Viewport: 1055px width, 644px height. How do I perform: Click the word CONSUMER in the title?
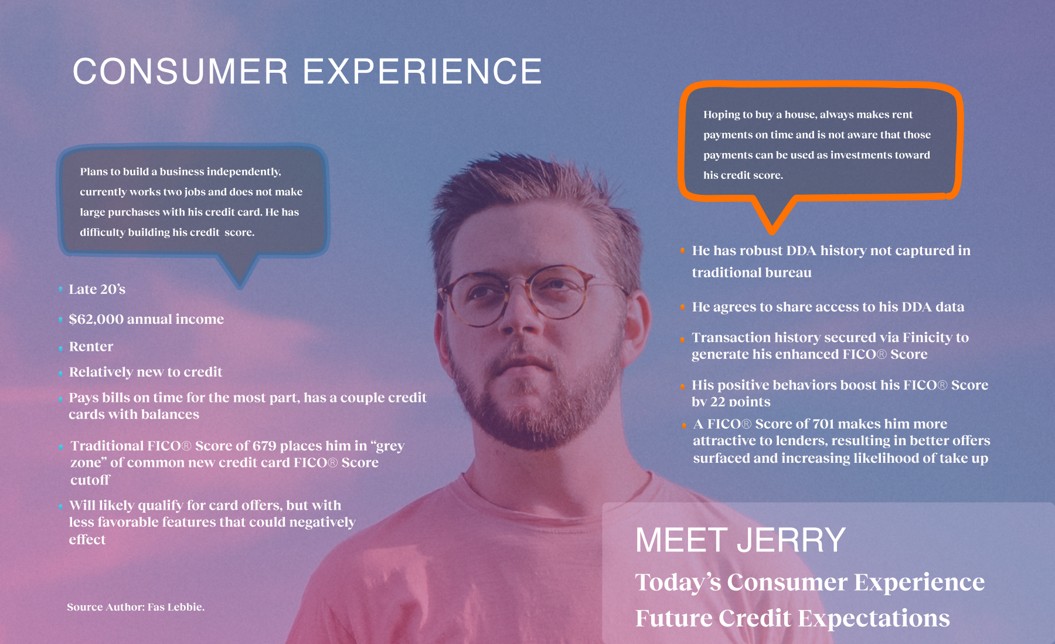point(181,72)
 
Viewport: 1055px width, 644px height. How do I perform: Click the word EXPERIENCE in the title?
point(423,72)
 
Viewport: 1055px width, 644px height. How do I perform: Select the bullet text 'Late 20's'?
point(97,289)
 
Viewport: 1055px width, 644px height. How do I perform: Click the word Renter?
point(91,347)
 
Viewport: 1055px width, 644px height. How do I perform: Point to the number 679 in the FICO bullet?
point(264,446)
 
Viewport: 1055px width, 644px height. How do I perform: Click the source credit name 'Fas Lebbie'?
point(176,607)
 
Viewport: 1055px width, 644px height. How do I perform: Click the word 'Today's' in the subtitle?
point(679,582)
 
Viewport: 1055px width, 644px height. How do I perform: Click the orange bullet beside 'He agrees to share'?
point(683,307)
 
